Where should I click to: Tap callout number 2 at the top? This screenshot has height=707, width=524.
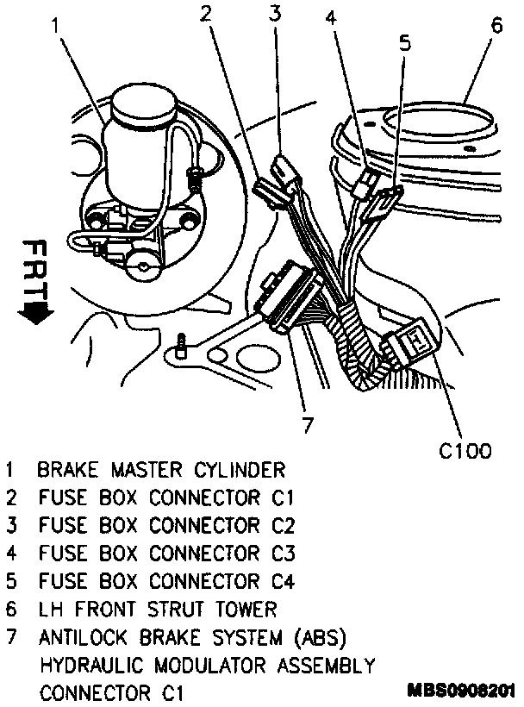206,12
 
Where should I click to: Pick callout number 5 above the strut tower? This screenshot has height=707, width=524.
405,44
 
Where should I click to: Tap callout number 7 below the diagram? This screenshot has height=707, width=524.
308,424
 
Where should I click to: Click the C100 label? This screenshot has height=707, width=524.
465,450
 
